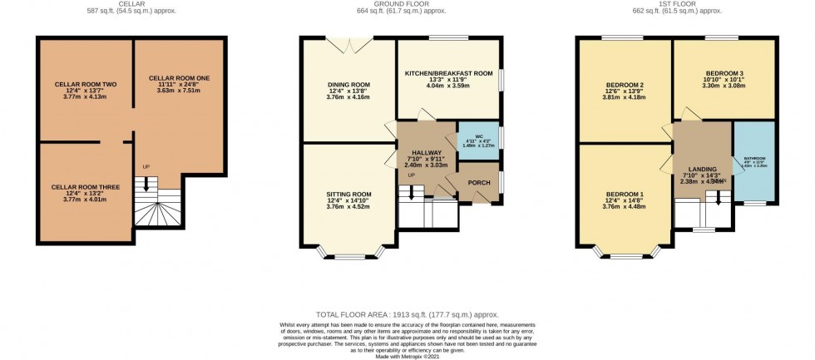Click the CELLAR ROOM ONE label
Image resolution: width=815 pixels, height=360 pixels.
[x=178, y=77]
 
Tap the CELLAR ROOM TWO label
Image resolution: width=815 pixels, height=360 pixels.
[x=86, y=85]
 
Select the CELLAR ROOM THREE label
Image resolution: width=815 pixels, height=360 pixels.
[x=86, y=187]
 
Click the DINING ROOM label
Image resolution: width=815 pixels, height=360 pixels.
[x=348, y=85]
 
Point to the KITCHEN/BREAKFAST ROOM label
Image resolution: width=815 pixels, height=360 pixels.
[x=448, y=73]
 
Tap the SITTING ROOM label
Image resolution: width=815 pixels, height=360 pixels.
[x=348, y=194]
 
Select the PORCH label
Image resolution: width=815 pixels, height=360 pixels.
[x=479, y=183]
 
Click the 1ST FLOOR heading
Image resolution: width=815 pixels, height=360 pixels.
[x=679, y=4]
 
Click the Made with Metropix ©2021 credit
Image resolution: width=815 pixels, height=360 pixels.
[x=407, y=356]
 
